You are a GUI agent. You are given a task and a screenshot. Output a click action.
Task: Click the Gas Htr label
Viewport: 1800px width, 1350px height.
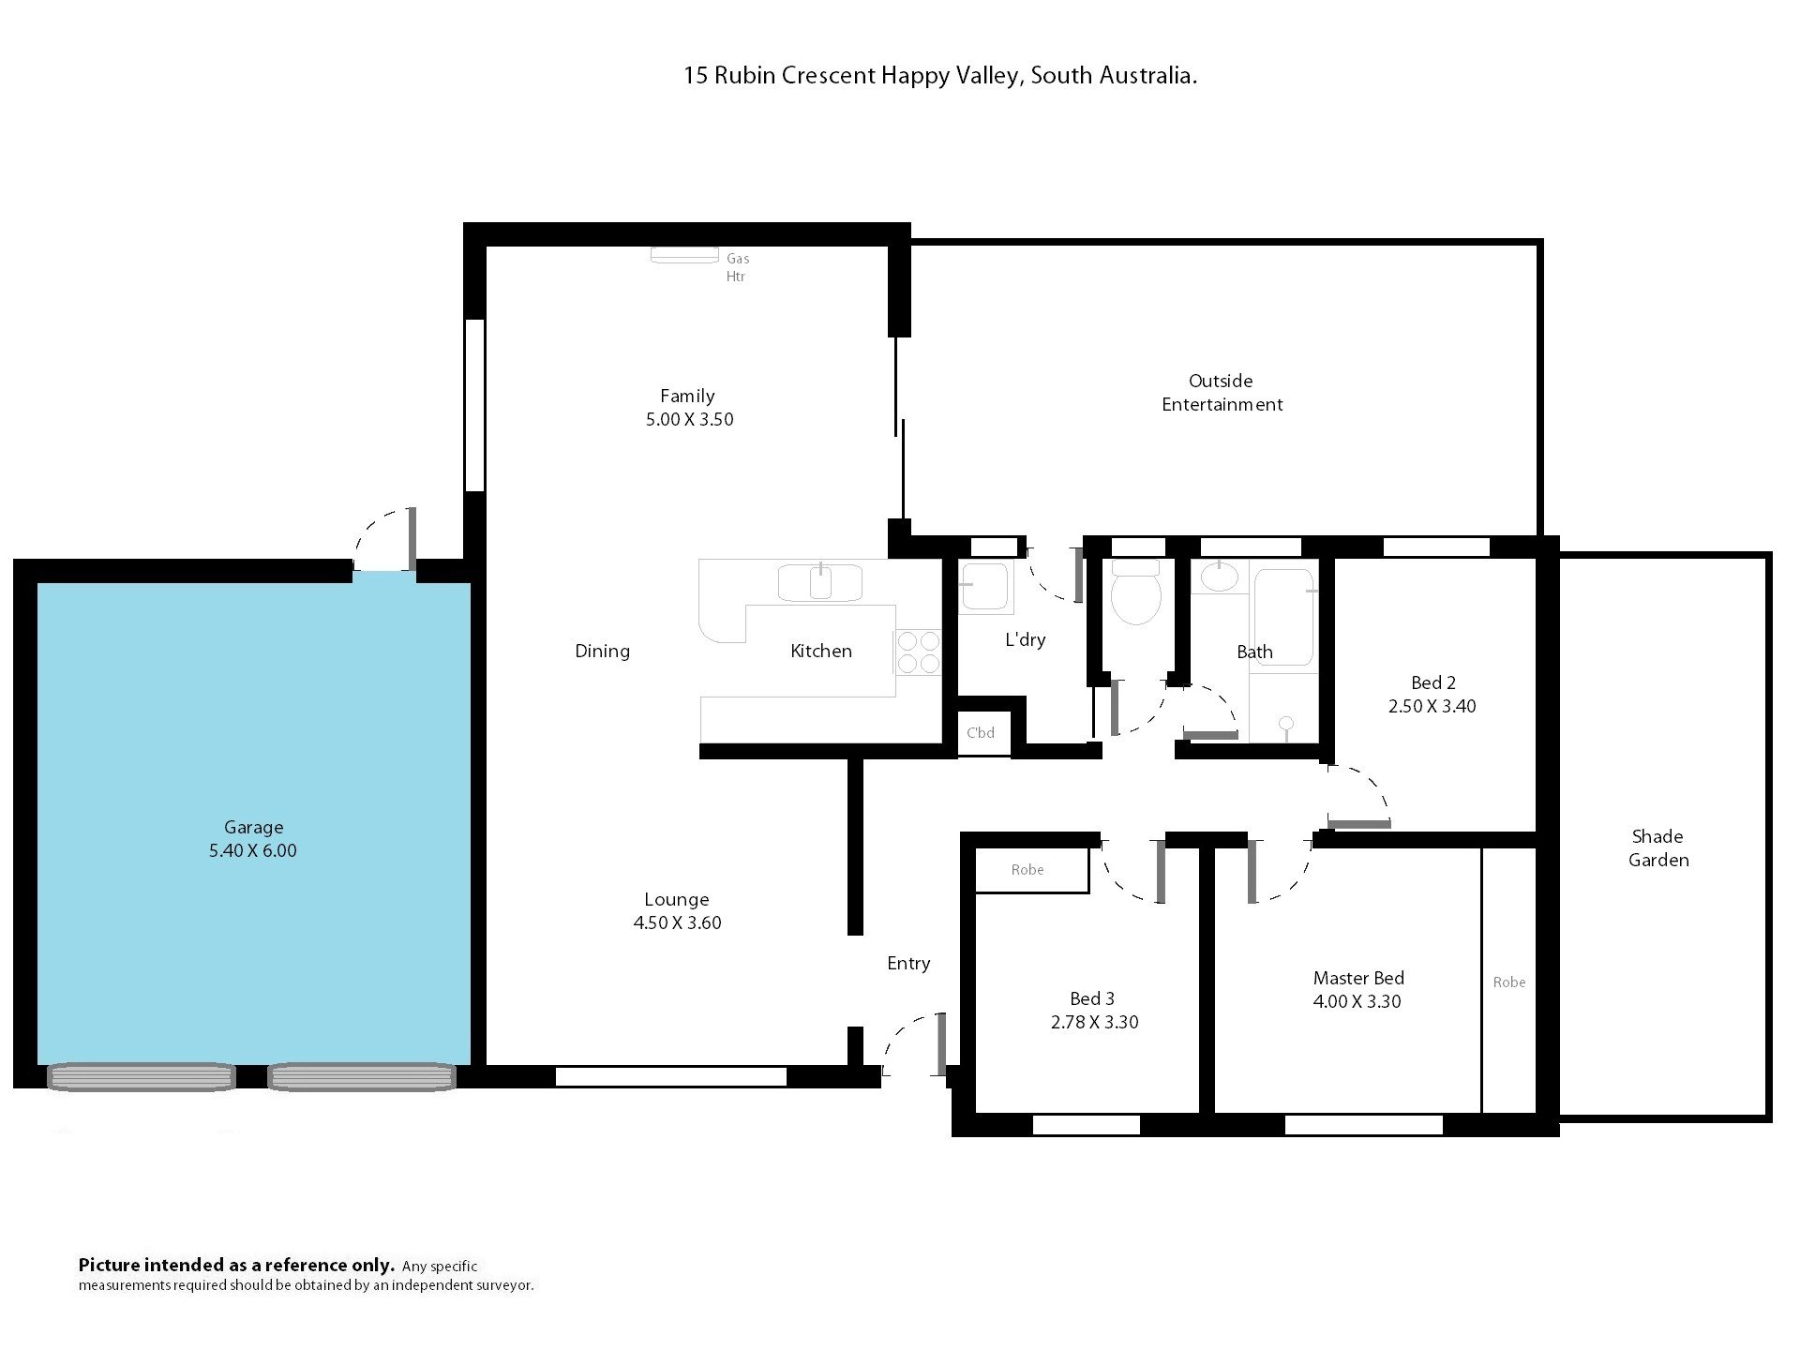pyautogui.click(x=738, y=267)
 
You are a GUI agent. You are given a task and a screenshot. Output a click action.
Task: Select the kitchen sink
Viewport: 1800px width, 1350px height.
pyautogui.click(x=820, y=581)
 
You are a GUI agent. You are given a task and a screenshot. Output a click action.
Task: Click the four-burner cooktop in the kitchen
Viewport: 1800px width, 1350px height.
pyautogui.click(x=919, y=652)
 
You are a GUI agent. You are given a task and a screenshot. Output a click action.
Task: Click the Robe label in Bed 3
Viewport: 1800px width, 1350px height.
pyautogui.click(x=1027, y=870)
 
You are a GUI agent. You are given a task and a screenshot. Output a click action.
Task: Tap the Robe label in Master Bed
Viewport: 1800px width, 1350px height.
pyautogui.click(x=1509, y=982)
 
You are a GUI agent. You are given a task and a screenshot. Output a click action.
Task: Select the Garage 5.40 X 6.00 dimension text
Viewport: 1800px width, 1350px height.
pyautogui.click(x=253, y=851)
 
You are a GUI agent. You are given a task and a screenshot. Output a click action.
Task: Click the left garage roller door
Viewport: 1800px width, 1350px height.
pyautogui.click(x=141, y=1077)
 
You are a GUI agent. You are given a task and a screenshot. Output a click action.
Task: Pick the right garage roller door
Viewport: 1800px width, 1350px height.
pyautogui.click(x=362, y=1077)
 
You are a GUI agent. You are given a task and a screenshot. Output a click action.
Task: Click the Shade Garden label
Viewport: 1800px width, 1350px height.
pyautogui.click(x=1658, y=848)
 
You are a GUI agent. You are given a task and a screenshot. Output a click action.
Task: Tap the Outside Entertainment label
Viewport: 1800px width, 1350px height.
pyautogui.click(x=1222, y=393)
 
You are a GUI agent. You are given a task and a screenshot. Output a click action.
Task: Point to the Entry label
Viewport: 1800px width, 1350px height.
pyautogui.click(x=908, y=964)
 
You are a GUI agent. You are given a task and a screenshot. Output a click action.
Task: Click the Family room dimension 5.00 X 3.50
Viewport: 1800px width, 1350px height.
pyautogui.click(x=689, y=420)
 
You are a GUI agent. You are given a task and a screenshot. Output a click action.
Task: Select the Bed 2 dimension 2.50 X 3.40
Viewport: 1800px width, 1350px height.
pyautogui.click(x=1432, y=707)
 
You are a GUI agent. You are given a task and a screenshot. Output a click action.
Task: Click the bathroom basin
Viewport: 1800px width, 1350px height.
pyautogui.click(x=1219, y=577)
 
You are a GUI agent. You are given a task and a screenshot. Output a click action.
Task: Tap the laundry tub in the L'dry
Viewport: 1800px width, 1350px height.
pyautogui.click(x=984, y=586)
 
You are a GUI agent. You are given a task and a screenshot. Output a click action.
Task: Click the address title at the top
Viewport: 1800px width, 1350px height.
pyautogui.click(x=940, y=76)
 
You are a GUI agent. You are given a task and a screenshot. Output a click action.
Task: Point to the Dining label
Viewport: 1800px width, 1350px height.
pyautogui.click(x=602, y=652)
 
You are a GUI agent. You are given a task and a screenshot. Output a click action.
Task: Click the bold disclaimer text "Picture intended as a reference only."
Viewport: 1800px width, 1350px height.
pyautogui.click(x=236, y=1266)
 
